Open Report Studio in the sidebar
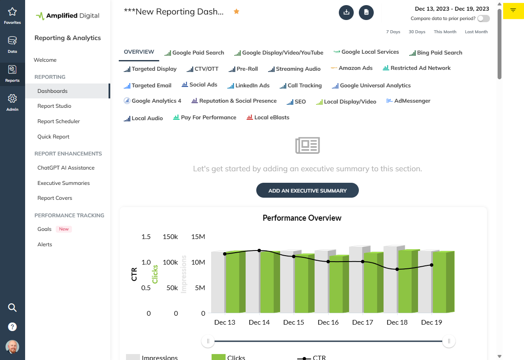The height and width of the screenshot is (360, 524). (54, 106)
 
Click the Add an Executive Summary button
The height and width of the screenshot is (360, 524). (307, 190)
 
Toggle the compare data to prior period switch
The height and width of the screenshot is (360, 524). (483, 19)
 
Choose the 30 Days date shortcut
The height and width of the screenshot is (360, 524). (417, 32)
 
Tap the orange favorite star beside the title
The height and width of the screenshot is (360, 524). (236, 12)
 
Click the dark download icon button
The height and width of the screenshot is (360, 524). (346, 12)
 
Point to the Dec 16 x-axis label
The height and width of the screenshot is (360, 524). (328, 323)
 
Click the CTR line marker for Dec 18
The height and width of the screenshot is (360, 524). (397, 269)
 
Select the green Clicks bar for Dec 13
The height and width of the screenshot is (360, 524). (233, 283)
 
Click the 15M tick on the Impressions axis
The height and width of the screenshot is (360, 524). (198, 237)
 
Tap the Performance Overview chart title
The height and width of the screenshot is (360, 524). (302, 218)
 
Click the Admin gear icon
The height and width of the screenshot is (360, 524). (12, 99)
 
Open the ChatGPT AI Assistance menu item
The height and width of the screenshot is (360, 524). (66, 168)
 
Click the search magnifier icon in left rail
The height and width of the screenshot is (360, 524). (12, 308)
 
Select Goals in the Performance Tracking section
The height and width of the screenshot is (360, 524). (44, 229)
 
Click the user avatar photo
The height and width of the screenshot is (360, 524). (12, 346)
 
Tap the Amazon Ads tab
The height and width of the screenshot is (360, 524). (355, 68)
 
